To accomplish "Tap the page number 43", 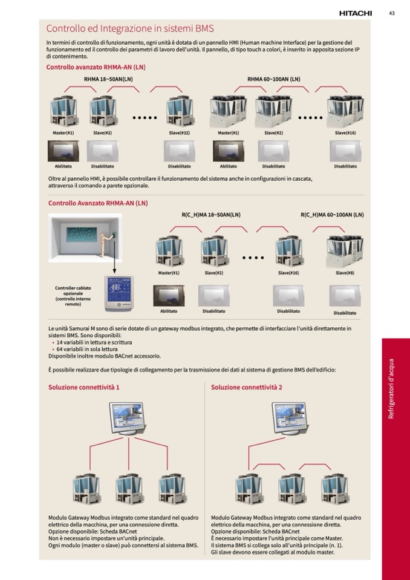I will point(392,13).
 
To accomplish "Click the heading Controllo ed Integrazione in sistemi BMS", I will point(130,28).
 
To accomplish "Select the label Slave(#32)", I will point(180,132).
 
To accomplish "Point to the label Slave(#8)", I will point(345,273).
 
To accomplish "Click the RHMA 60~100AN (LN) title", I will point(273,79).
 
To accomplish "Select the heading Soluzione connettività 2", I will point(247,387).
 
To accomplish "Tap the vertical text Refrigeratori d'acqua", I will point(391,388).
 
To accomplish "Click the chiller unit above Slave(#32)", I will point(180,111).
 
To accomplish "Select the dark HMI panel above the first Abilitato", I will point(63,151).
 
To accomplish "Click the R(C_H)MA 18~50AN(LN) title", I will point(211,215).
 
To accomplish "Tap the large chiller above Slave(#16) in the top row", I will point(345,111).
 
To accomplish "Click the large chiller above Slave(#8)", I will point(345,249).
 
